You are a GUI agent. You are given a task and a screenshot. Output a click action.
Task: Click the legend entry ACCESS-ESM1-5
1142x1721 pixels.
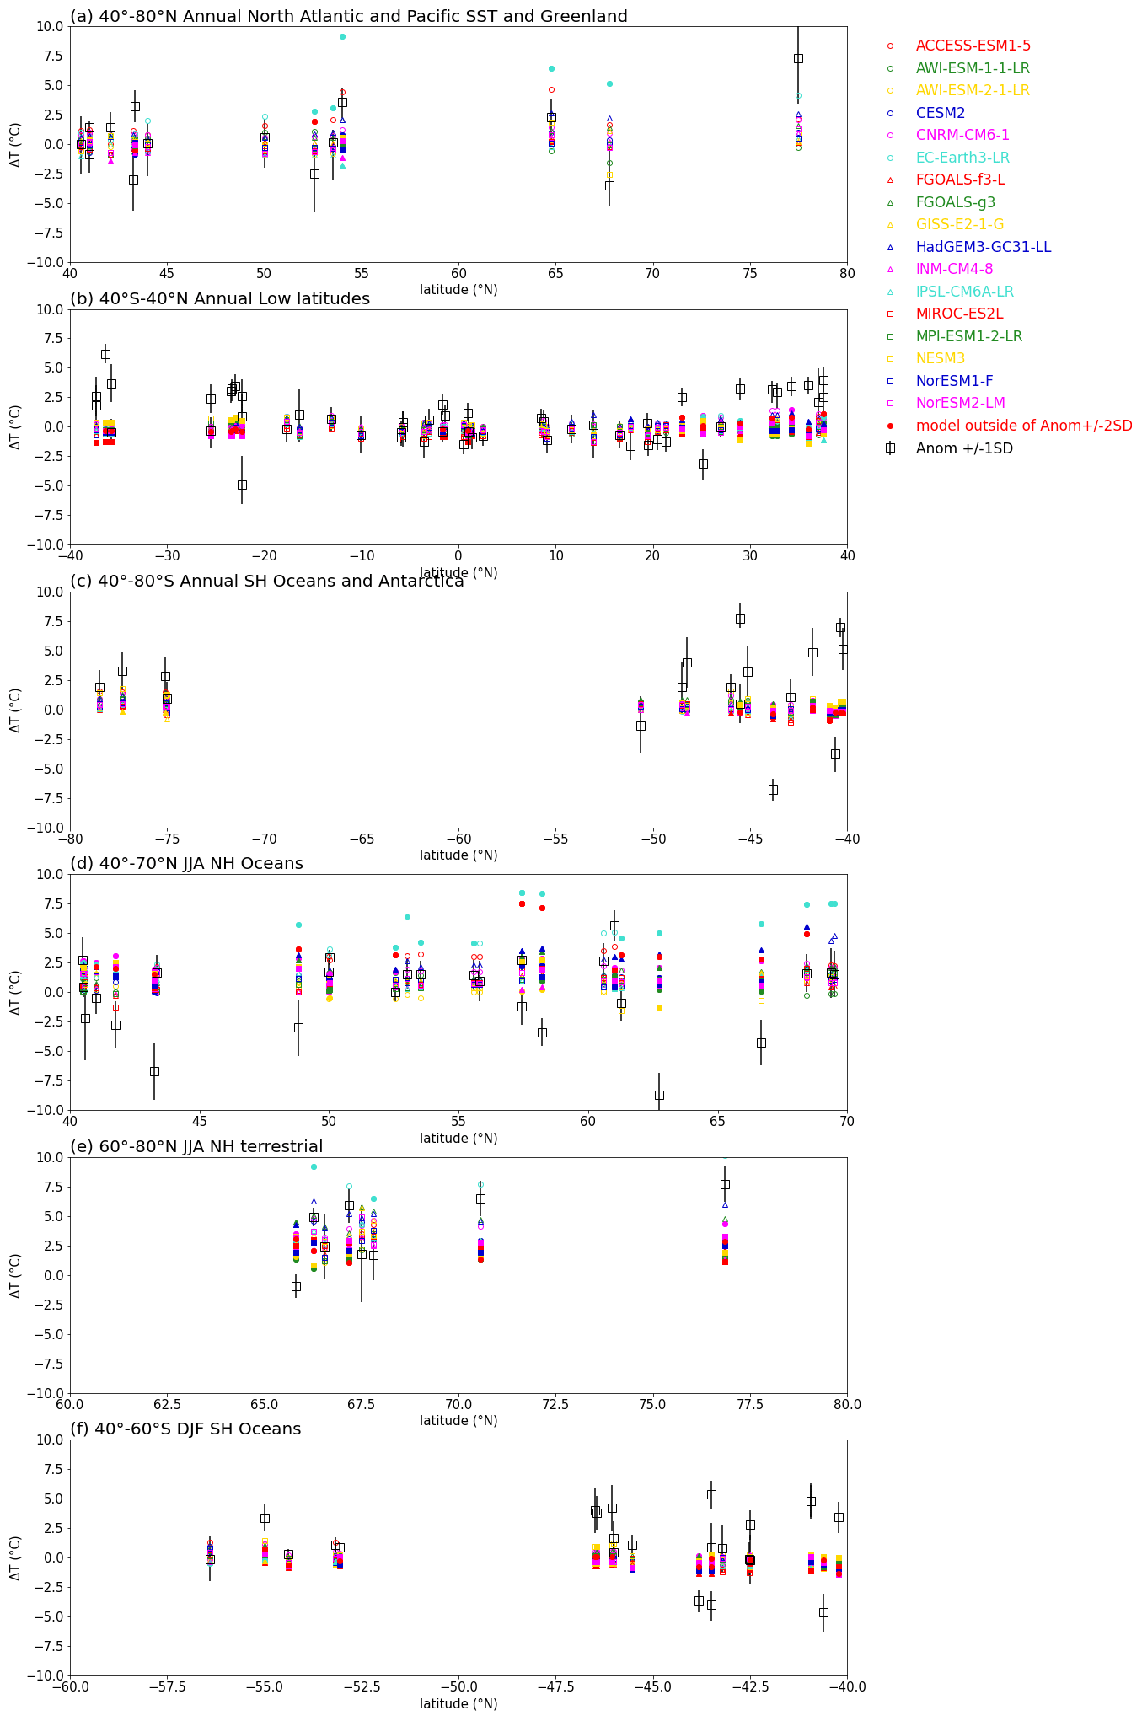coord(973,46)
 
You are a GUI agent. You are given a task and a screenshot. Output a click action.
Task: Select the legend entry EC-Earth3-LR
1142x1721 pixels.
coord(962,158)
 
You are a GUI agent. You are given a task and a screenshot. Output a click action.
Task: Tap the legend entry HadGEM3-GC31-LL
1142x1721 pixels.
coord(983,247)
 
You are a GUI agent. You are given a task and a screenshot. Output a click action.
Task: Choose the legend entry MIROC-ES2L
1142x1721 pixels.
coord(959,314)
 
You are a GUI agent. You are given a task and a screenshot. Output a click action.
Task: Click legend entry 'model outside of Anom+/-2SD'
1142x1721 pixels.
coord(1024,426)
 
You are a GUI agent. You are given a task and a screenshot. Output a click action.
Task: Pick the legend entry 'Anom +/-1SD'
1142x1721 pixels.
coord(964,448)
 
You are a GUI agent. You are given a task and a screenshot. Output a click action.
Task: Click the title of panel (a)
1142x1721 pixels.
coord(349,17)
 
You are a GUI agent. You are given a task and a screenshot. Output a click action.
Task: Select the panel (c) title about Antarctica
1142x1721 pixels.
coord(267,582)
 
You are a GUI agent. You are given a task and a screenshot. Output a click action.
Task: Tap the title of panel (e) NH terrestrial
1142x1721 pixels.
coord(196,1146)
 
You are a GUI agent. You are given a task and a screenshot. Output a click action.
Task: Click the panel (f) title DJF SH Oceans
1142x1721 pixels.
coord(185,1429)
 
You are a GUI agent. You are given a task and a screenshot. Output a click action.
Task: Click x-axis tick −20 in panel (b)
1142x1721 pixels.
coord(265,556)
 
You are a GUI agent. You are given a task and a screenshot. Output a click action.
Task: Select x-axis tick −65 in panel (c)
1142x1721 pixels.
coord(362,839)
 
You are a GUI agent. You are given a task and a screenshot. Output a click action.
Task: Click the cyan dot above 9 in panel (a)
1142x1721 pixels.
coord(342,36)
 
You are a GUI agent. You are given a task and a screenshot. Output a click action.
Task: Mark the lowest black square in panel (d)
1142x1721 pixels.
coord(659,1095)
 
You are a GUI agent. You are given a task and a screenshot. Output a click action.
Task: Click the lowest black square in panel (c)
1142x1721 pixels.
coord(773,790)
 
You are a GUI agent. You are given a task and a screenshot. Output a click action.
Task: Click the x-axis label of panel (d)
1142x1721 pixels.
coord(458,1138)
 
